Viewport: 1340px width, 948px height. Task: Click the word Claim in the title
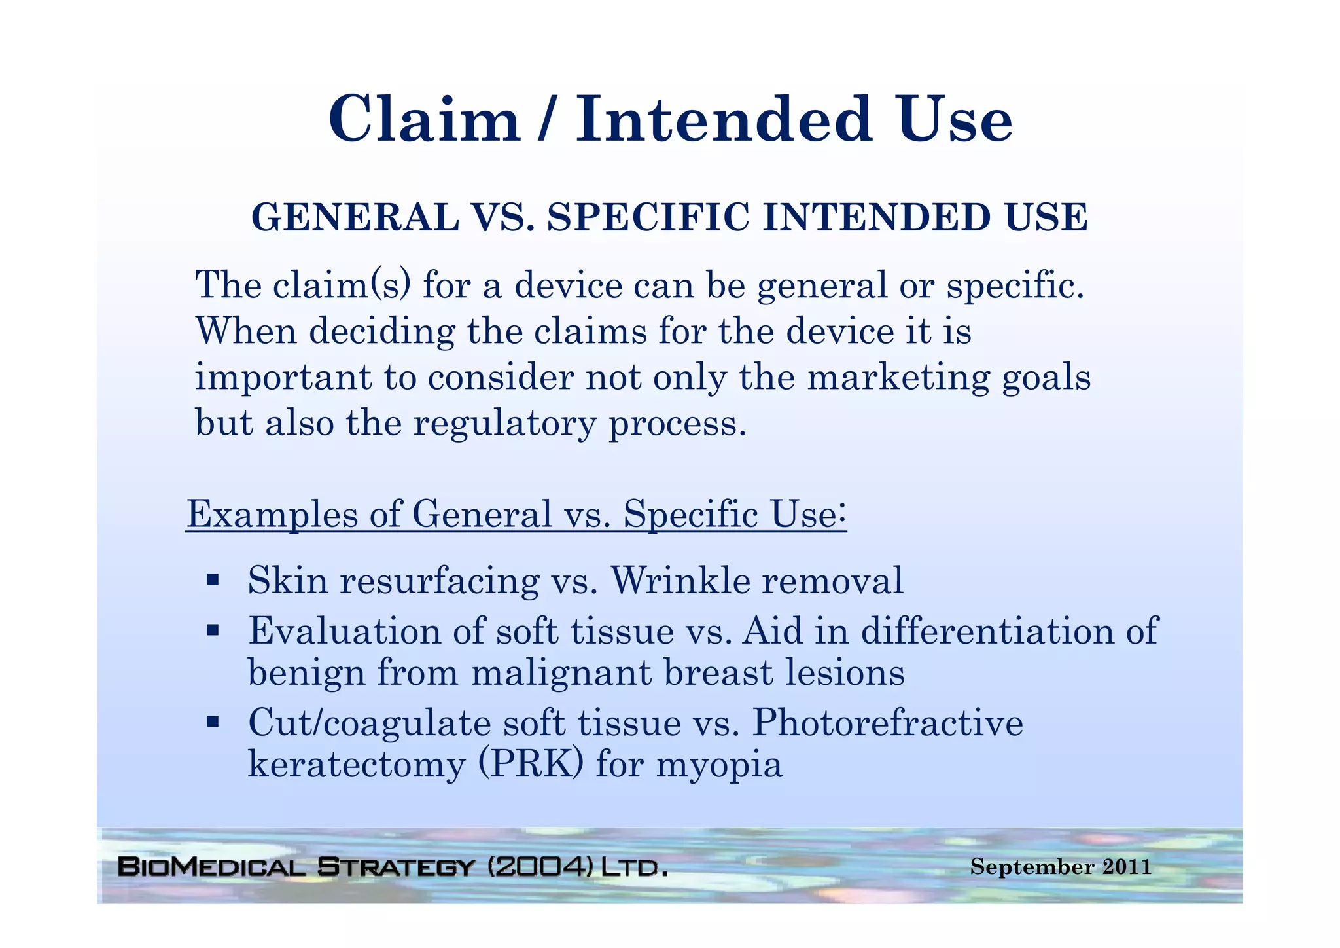click(424, 120)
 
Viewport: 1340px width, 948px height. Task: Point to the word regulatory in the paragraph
click(504, 424)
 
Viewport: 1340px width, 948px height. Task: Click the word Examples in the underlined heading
click(272, 514)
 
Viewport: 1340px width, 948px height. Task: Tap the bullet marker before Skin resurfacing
click(212, 579)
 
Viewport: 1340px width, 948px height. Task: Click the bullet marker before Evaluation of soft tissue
click(212, 630)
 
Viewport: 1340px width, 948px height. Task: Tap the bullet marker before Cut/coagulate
click(212, 722)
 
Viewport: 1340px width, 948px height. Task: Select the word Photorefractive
click(887, 723)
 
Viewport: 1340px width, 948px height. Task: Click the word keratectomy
click(356, 765)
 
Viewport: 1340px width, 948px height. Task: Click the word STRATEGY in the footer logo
click(395, 867)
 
